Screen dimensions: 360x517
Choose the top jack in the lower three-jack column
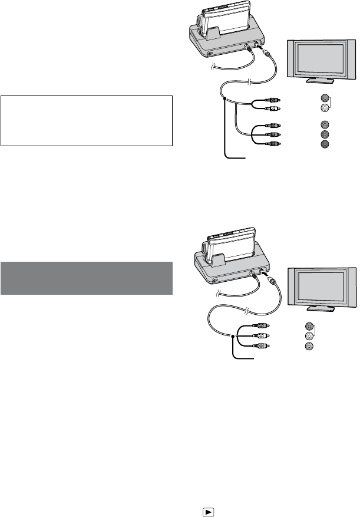pyautogui.click(x=308, y=327)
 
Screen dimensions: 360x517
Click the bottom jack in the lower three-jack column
pyautogui.click(x=308, y=346)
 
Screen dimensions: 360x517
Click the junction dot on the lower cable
pyautogui.click(x=234, y=336)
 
